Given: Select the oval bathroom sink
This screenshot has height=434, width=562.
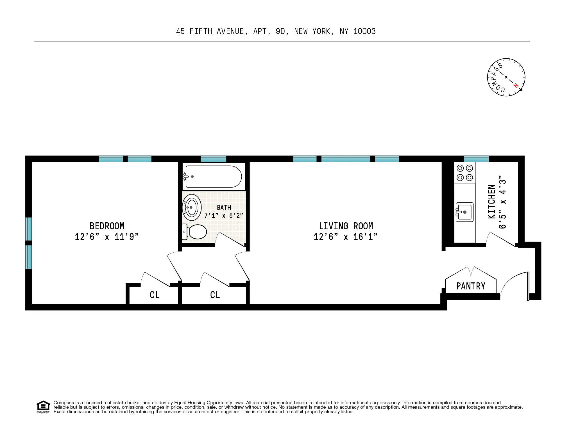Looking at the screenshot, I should pyautogui.click(x=192, y=207).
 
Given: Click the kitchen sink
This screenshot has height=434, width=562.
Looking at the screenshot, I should pyautogui.click(x=464, y=212).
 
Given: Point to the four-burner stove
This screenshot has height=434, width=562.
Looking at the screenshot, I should pyautogui.click(x=465, y=173).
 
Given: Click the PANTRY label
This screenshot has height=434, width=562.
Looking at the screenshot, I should pyautogui.click(x=471, y=286).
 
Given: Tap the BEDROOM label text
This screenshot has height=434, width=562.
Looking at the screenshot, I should pyautogui.click(x=107, y=226).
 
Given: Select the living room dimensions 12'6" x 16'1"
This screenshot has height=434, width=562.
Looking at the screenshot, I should pyautogui.click(x=345, y=237).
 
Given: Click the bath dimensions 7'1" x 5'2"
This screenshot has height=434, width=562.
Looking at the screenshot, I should pyautogui.click(x=224, y=216).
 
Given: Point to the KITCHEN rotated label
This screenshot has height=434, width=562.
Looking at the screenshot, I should pyautogui.click(x=491, y=202).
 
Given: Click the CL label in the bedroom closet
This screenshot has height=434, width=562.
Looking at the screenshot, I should pyautogui.click(x=155, y=295).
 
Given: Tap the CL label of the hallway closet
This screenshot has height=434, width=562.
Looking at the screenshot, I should pyautogui.click(x=215, y=295).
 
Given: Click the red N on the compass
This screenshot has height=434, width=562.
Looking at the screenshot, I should pyautogui.click(x=516, y=85).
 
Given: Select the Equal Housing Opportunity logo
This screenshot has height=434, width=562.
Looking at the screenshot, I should pyautogui.click(x=43, y=407).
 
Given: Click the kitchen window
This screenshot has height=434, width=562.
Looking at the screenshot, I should pyautogui.click(x=476, y=159).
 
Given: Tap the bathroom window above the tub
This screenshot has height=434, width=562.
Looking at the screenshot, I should pyautogui.click(x=213, y=159).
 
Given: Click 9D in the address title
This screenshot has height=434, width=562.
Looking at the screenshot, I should pyautogui.click(x=280, y=31).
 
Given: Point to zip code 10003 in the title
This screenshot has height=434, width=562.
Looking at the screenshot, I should pyautogui.click(x=364, y=31).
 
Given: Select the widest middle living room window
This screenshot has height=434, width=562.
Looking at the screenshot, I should pyautogui.click(x=346, y=159).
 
